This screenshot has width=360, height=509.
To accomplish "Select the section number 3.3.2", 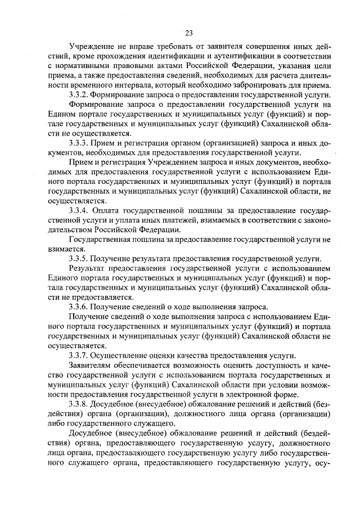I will point(78,94).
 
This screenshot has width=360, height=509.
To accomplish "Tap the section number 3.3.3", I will point(78,143).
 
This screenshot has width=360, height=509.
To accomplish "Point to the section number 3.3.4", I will point(78,210).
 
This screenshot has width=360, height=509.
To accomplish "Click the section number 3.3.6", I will point(78,307).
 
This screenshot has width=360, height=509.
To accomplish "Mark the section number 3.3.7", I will point(78,355).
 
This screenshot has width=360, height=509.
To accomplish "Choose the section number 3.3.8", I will point(78,404).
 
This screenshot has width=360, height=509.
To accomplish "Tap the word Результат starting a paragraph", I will point(87,268).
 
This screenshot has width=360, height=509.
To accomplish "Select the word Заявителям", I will point(91,365).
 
